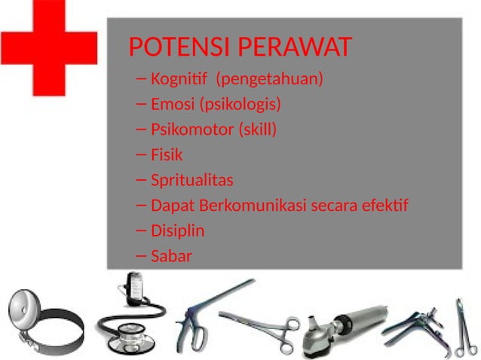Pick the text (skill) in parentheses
pos(258,130)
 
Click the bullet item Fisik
pos(167,155)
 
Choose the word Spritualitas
pos(191,181)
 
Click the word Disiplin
pos(177,231)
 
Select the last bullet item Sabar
pos(171,257)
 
